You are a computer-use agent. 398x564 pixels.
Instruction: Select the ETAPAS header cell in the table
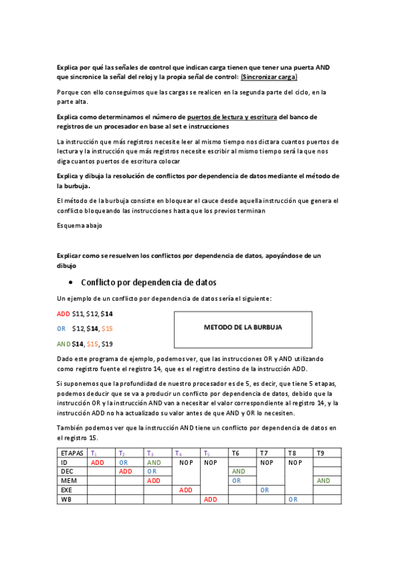[x=71, y=452]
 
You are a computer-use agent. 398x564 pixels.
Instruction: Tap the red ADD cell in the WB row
[x=211, y=499]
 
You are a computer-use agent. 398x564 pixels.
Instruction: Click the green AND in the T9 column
[x=324, y=480]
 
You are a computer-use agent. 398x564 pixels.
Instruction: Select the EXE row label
[x=68, y=490]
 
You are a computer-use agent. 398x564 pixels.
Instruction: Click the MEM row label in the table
[x=69, y=480]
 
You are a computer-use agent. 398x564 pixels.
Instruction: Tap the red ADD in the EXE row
[x=186, y=490]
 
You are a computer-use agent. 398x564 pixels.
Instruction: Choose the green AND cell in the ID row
[x=154, y=462]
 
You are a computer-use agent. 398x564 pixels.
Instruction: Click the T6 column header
[x=235, y=452]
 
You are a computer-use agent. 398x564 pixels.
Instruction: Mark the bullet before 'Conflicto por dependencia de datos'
[x=70, y=282]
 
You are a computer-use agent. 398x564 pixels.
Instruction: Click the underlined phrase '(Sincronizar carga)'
[x=269, y=77]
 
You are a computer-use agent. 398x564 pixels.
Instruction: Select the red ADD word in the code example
[x=63, y=313]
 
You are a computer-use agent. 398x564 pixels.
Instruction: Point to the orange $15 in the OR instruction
[x=107, y=329]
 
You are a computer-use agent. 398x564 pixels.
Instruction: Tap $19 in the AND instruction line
[x=107, y=344]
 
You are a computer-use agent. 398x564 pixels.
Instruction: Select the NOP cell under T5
[x=211, y=462]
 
